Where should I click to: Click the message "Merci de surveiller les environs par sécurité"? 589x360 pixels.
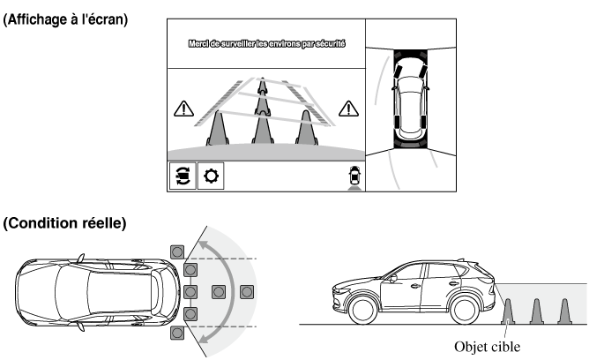265,43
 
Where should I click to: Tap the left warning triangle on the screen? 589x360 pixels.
183,110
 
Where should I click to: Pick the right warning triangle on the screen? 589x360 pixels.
350,109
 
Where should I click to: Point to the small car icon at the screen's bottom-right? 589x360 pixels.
354,176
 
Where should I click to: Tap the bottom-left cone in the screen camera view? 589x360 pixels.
218,126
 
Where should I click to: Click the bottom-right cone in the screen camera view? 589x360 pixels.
307,126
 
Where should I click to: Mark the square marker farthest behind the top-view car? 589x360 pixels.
248,290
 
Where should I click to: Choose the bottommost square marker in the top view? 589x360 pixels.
178,334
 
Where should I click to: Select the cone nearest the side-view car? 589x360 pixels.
509,311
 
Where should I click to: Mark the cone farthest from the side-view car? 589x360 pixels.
566,311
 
